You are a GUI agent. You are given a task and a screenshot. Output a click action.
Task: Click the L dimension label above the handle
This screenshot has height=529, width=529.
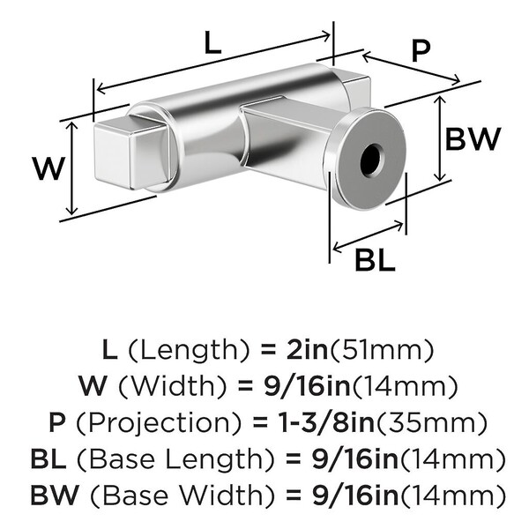point(212,45)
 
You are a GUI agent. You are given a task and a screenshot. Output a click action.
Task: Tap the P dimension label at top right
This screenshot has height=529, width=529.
point(421,52)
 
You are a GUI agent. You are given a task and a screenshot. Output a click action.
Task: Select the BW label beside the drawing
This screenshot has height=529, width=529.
point(473,138)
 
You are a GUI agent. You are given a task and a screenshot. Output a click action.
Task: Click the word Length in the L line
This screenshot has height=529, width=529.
point(181,351)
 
